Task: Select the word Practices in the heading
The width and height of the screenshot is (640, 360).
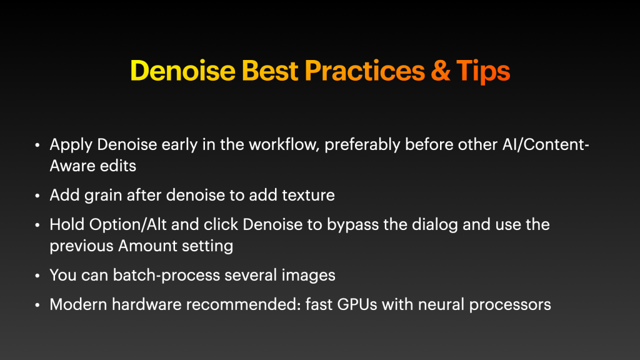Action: coord(365,71)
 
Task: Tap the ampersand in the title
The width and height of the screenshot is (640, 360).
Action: coord(441,71)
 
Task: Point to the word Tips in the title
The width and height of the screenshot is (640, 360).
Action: coord(483,71)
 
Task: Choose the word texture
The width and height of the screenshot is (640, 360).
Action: coord(306,195)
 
